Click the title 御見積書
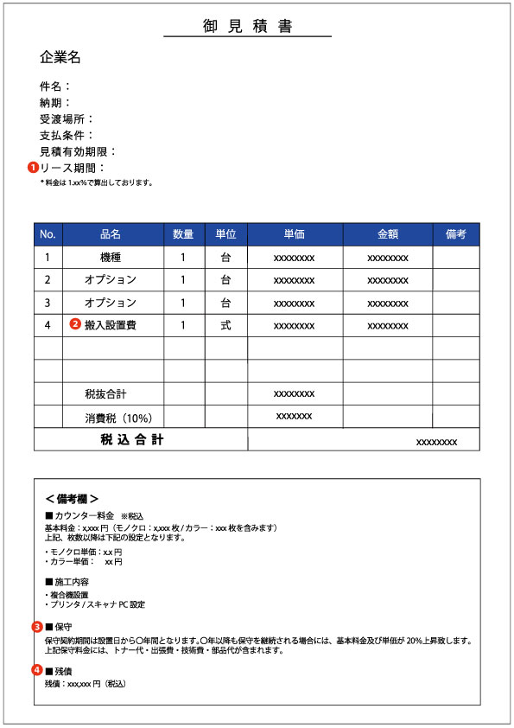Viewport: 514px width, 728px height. (247, 26)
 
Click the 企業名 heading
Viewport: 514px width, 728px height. (60, 57)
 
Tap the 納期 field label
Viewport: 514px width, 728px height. (54, 103)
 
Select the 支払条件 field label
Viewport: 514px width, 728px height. (66, 136)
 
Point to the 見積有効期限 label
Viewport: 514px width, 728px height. (77, 151)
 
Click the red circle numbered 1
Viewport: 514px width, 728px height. (33, 168)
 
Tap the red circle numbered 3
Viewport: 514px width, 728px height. (37, 626)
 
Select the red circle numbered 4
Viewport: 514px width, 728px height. (37, 669)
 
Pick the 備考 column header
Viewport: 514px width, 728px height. (455, 234)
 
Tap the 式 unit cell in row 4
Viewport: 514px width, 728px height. (225, 325)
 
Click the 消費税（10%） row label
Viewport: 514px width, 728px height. (118, 417)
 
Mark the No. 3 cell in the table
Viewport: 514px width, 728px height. (48, 303)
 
